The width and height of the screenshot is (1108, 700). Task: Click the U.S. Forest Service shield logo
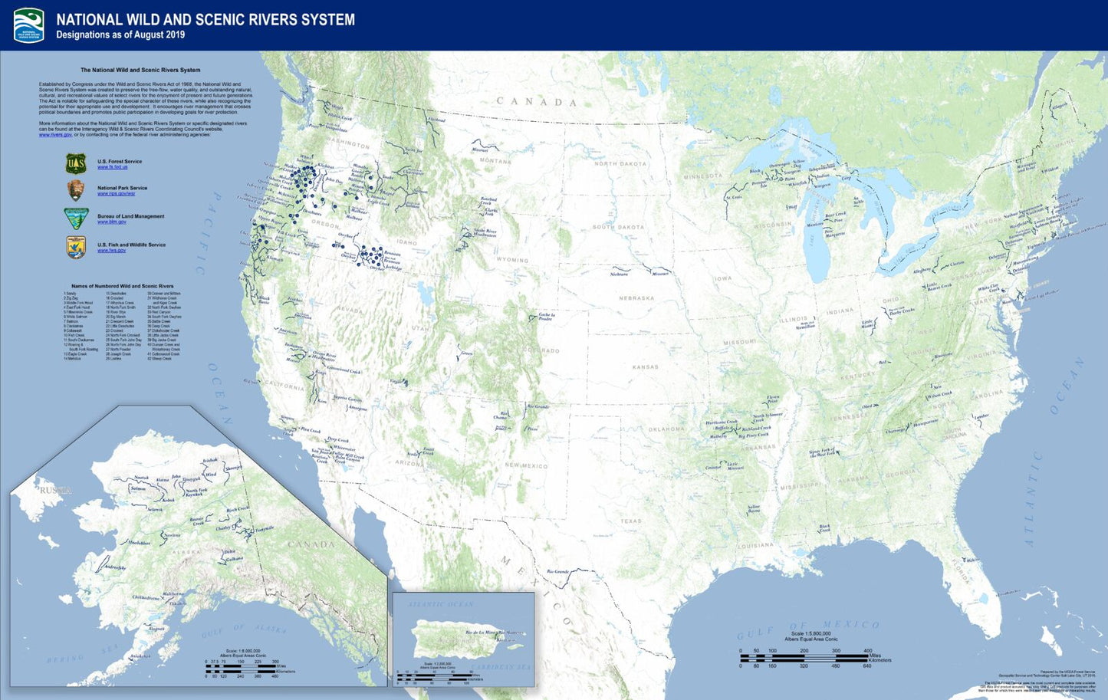click(x=75, y=163)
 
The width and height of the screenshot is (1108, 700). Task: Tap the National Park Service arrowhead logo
click(x=75, y=191)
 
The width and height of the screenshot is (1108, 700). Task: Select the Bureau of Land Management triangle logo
click(x=75, y=219)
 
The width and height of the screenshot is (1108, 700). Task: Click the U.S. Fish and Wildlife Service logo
click(x=75, y=248)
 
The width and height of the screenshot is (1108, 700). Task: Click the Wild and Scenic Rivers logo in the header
click(x=29, y=25)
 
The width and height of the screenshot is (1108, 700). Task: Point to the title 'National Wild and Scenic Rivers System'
click(x=205, y=19)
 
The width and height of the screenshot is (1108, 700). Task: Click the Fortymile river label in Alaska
click(x=264, y=529)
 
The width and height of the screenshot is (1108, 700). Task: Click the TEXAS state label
click(x=631, y=521)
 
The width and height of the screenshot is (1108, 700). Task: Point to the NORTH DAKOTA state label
click(x=620, y=164)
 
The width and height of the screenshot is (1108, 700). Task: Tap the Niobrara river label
click(x=619, y=274)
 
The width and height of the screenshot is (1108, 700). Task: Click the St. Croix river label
click(x=734, y=198)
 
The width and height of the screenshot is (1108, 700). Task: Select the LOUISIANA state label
click(x=755, y=546)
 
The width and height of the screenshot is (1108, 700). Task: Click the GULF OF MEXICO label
click(x=808, y=629)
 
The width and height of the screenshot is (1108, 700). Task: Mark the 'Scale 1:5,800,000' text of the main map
click(x=810, y=633)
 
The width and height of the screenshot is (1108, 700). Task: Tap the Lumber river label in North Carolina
click(x=981, y=416)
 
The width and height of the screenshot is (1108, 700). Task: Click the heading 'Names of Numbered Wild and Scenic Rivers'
click(x=123, y=286)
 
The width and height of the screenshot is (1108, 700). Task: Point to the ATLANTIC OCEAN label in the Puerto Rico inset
click(x=441, y=604)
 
